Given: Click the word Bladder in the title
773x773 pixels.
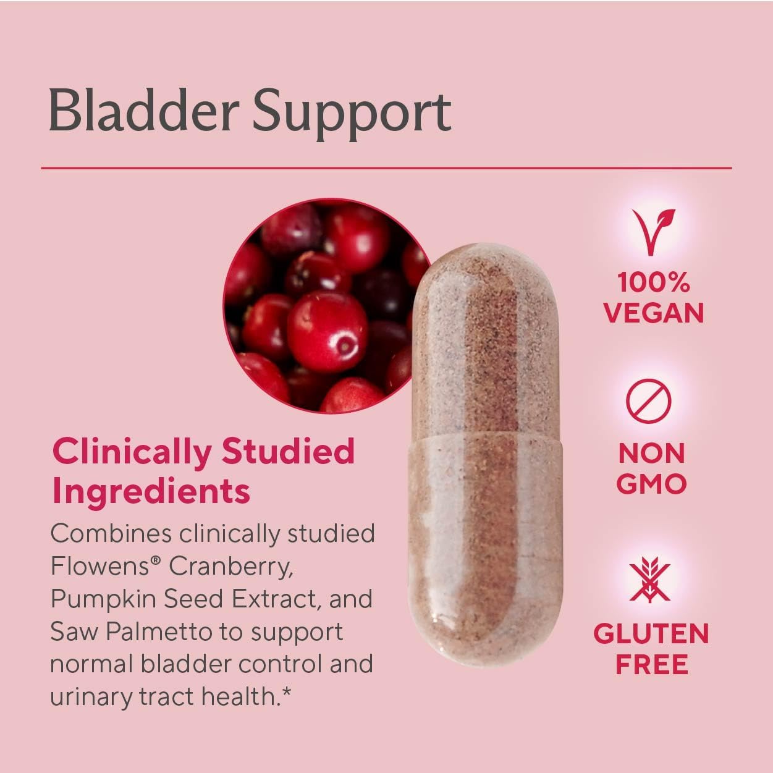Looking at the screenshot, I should [x=143, y=111].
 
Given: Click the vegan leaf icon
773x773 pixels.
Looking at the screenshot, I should [x=653, y=232].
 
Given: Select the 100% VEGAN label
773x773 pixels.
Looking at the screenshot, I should [x=654, y=298].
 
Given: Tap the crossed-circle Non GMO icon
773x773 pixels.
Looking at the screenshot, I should [x=648, y=400].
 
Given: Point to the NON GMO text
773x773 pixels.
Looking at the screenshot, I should [x=652, y=468].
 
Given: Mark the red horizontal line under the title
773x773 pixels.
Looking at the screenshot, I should [x=386, y=167].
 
